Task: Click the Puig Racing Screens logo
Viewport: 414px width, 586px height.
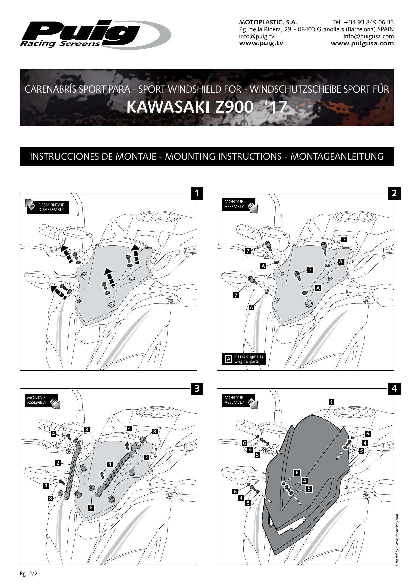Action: [x=95, y=34]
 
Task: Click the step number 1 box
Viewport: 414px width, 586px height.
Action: [x=197, y=193]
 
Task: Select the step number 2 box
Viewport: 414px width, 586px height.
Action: [x=394, y=193]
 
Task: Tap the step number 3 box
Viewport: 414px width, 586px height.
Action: [x=197, y=389]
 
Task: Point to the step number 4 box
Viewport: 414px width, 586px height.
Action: [x=394, y=389]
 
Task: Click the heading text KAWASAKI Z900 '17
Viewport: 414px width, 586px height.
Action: [x=207, y=107]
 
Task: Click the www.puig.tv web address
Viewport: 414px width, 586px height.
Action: [x=261, y=43]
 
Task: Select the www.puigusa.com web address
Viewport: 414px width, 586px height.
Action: [x=362, y=43]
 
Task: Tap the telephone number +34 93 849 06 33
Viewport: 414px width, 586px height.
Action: [x=363, y=22]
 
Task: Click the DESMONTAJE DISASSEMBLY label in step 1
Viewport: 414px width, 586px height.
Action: [x=51, y=207]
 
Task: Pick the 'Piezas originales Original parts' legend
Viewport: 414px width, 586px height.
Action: [x=245, y=359]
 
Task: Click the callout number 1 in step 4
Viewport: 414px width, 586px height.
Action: [x=331, y=402]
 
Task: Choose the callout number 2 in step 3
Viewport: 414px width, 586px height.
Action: [x=58, y=463]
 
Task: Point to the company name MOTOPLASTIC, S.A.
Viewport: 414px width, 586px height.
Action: [x=268, y=22]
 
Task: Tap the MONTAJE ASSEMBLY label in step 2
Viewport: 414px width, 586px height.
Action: [x=234, y=204]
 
